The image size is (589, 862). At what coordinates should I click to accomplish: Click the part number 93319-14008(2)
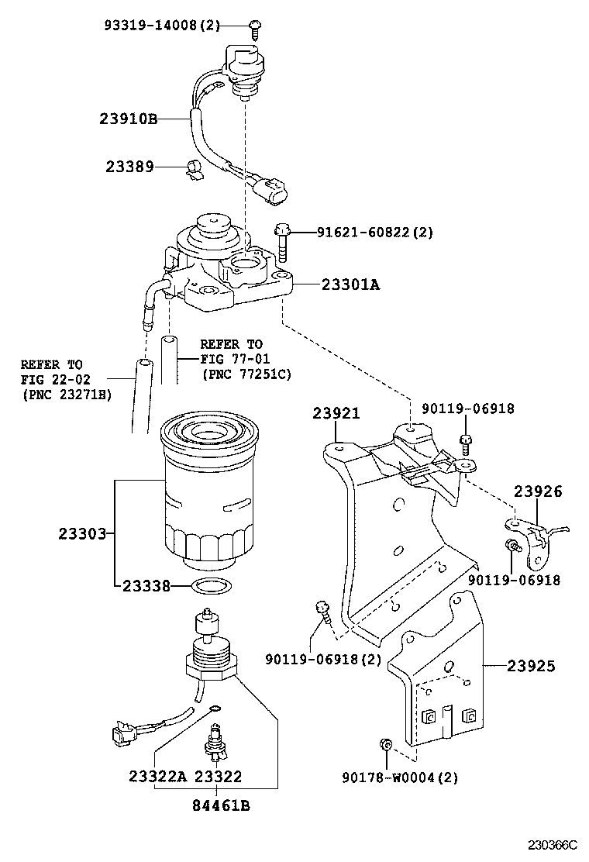162,26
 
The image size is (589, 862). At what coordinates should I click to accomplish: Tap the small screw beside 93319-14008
255,28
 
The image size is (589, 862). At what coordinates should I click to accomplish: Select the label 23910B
128,119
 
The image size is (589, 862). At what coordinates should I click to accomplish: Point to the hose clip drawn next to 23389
194,168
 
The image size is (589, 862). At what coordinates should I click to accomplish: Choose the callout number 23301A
350,284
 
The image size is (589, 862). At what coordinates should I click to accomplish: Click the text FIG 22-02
51,379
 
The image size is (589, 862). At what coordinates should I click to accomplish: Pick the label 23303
81,533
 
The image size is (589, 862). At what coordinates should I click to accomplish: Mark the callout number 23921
336,413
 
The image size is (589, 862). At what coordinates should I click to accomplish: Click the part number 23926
537,491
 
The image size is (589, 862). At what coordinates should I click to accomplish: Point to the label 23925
531,665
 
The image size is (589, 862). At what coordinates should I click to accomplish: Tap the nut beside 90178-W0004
387,746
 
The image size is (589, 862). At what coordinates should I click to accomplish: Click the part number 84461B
221,805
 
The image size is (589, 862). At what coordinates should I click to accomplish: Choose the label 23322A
158,777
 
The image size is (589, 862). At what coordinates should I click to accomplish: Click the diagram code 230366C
553,844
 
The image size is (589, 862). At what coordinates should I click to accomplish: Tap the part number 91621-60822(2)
374,232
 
